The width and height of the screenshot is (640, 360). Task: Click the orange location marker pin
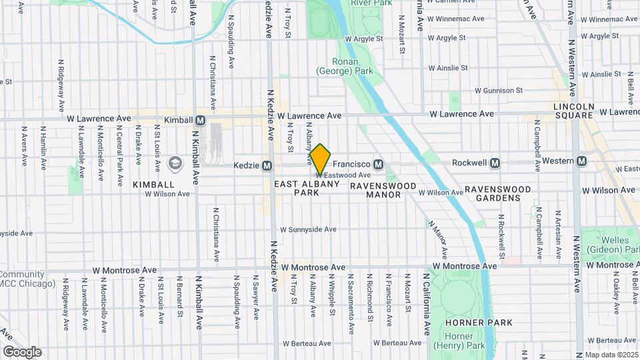click(320, 159)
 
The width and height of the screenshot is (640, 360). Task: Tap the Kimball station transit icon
click(200, 120)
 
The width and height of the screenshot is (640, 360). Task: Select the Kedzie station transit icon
click(267, 165)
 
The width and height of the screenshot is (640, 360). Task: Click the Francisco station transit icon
click(378, 164)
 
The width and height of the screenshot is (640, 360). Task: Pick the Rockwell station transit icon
click(495, 163)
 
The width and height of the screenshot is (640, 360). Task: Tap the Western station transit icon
click(582, 161)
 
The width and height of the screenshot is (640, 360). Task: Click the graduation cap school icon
click(175, 163)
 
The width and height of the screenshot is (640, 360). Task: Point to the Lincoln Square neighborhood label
click(574, 111)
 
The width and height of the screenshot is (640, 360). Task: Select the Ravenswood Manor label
click(384, 190)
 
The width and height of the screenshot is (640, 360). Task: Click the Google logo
click(22, 352)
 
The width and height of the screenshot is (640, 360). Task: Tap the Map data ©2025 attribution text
click(611, 355)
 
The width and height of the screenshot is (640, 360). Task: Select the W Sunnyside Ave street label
click(308, 229)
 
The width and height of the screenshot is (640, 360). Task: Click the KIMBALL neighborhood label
click(153, 184)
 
